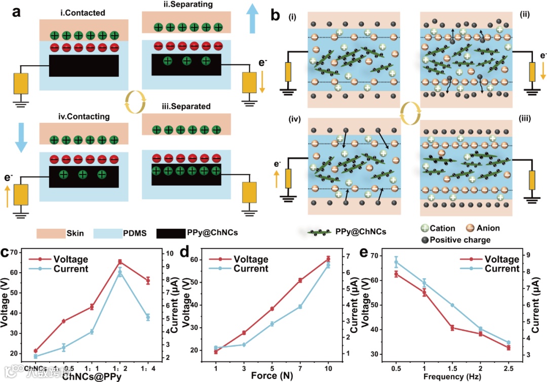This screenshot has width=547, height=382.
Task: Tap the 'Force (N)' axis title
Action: click(269, 375)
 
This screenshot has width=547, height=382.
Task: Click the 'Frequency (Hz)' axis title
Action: click(451, 375)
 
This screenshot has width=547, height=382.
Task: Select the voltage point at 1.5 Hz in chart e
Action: click(452, 327)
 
